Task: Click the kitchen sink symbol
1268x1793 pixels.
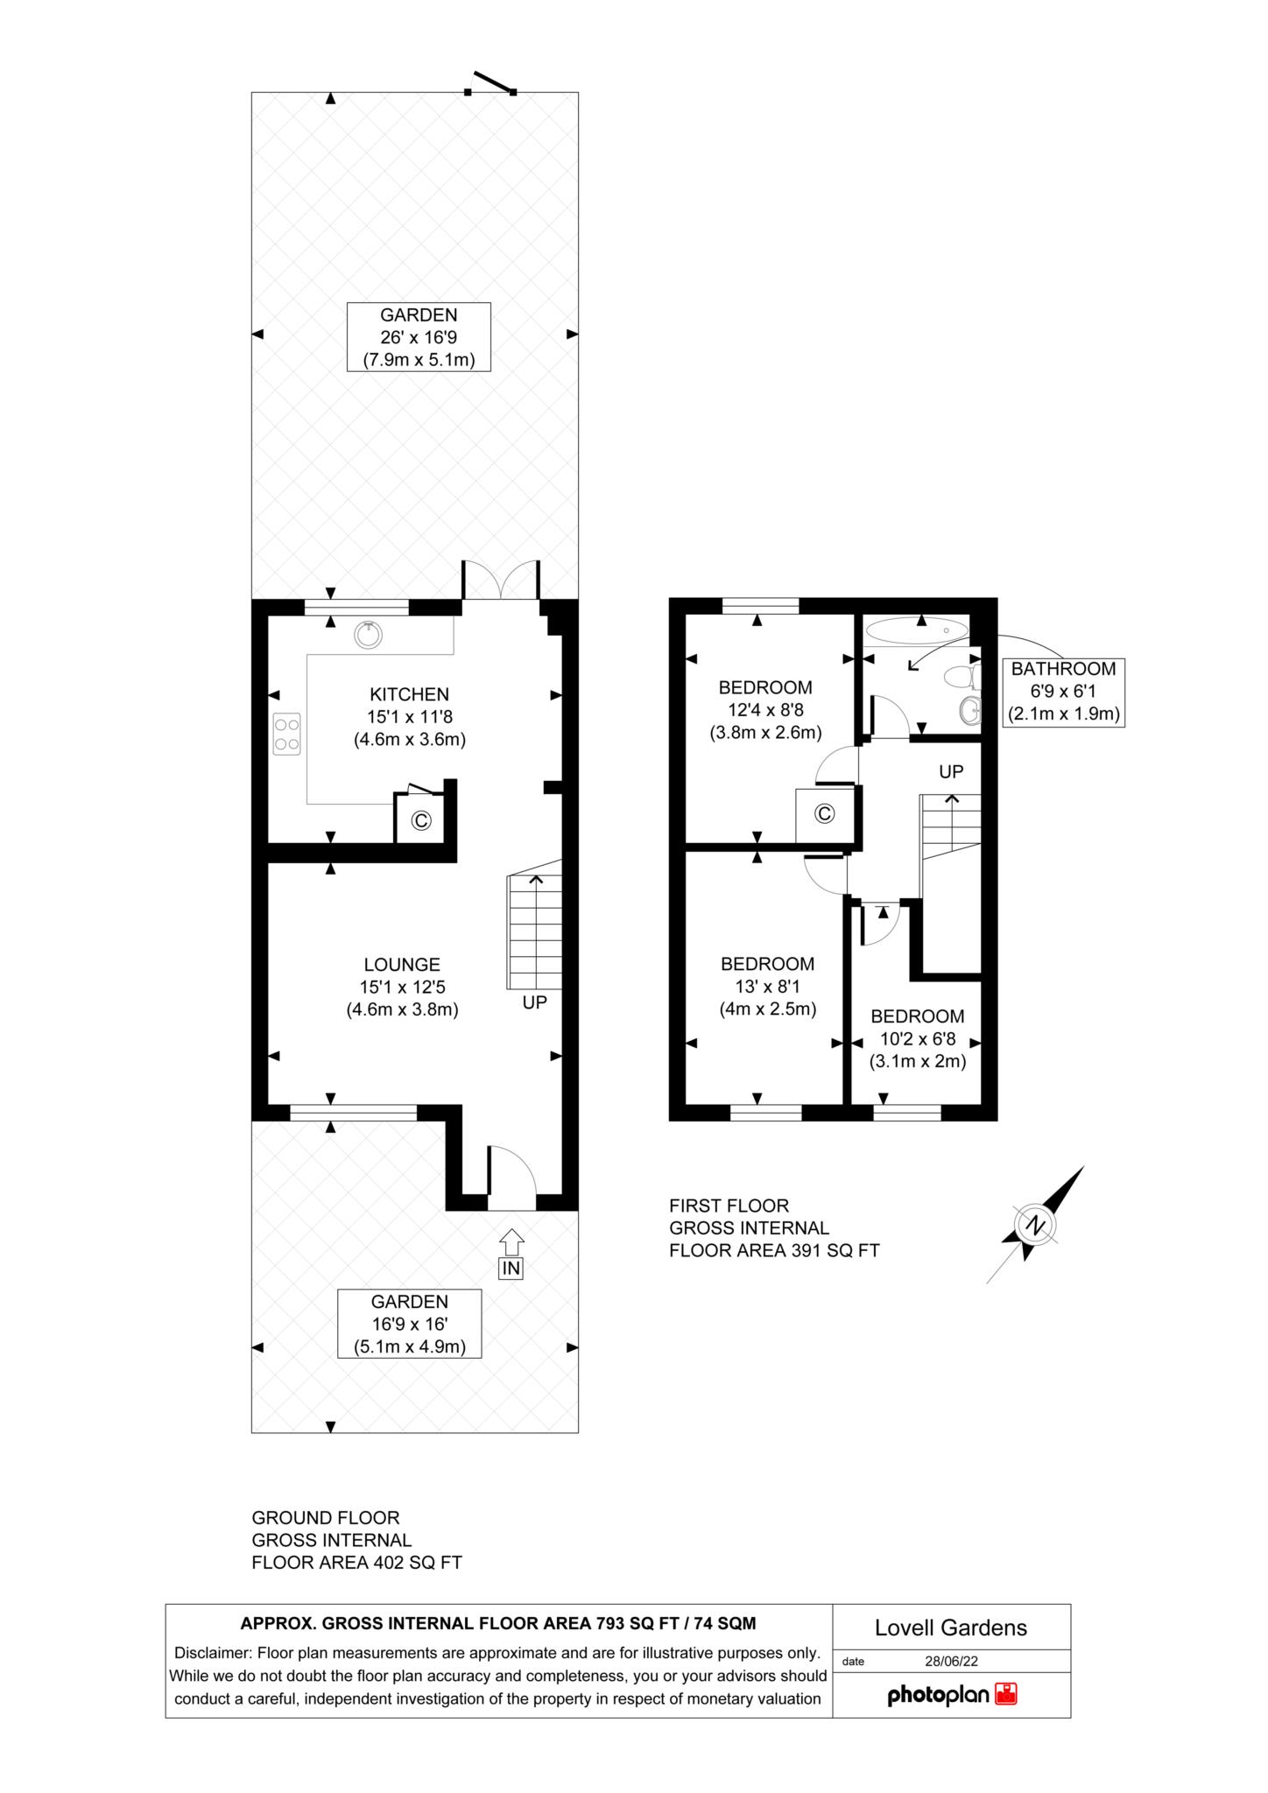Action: click(369, 634)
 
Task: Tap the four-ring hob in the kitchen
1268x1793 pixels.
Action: click(287, 734)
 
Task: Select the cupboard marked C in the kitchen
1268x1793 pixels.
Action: click(421, 820)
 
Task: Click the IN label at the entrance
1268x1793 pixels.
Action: click(511, 1268)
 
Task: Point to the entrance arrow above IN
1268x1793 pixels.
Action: click(511, 1241)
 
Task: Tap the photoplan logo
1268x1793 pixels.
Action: click(951, 1695)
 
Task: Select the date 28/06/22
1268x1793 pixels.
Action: click(951, 1661)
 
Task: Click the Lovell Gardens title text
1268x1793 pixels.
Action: click(951, 1628)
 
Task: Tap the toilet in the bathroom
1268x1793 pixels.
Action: click(963, 678)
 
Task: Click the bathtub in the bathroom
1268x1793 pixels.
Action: click(916, 630)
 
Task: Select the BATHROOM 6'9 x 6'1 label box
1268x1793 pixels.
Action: click(1063, 692)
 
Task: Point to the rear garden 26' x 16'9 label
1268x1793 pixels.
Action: click(419, 337)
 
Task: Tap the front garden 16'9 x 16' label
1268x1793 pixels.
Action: click(409, 1324)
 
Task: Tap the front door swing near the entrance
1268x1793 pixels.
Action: click(511, 1178)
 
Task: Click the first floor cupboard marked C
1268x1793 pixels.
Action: click(824, 814)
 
